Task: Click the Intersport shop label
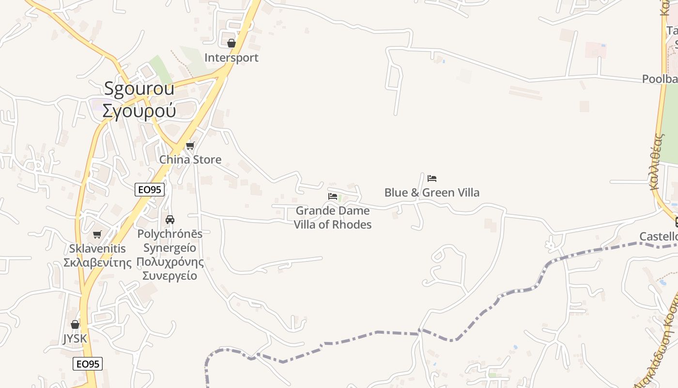pyautogui.click(x=231, y=58)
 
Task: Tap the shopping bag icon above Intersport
pyautogui.click(x=231, y=43)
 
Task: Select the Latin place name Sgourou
pyautogui.click(x=139, y=89)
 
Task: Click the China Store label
pyautogui.click(x=190, y=160)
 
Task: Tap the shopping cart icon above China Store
pyautogui.click(x=190, y=145)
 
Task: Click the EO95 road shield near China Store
pyautogui.click(x=150, y=190)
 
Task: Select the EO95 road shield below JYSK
pyautogui.click(x=88, y=364)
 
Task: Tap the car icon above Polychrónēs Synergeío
pyautogui.click(x=170, y=220)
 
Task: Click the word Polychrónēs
pyautogui.click(x=170, y=234)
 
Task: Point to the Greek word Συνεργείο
pyautogui.click(x=170, y=276)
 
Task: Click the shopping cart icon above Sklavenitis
pyautogui.click(x=97, y=234)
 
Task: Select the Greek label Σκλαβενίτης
pyautogui.click(x=97, y=263)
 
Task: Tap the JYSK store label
pyautogui.click(x=75, y=339)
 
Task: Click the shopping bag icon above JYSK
pyautogui.click(x=75, y=324)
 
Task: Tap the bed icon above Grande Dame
pyautogui.click(x=333, y=196)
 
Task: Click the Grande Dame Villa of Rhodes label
pyautogui.click(x=333, y=218)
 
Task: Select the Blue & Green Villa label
pyautogui.click(x=432, y=193)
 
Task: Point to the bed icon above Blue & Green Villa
pyautogui.click(x=432, y=178)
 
